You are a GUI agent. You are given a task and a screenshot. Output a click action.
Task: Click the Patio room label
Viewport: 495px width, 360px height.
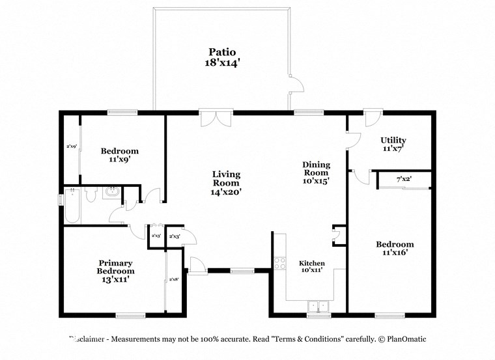click(x=221, y=52)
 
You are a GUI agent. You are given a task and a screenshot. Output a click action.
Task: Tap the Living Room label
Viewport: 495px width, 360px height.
click(x=226, y=178)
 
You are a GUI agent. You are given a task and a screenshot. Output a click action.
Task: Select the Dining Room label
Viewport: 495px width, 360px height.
click(x=316, y=169)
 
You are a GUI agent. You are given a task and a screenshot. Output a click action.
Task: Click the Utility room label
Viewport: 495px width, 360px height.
click(x=393, y=140)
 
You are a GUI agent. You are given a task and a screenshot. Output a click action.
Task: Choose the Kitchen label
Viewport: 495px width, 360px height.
click(x=312, y=264)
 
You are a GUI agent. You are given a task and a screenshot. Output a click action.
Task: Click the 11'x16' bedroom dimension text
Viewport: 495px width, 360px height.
click(x=395, y=253)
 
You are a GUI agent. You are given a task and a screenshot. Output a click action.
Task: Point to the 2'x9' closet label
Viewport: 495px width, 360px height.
click(x=72, y=146)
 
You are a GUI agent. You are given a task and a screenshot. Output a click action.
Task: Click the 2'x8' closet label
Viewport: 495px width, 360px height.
click(x=174, y=279)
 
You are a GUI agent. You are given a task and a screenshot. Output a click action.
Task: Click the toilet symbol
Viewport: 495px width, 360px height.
click(x=91, y=193)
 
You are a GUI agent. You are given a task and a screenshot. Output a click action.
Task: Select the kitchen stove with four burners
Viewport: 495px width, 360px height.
click(x=280, y=263)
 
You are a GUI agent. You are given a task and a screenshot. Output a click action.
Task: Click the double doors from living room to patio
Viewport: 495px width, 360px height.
click(x=216, y=118)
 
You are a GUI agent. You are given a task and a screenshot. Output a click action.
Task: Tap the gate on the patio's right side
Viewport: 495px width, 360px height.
click(x=296, y=84)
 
